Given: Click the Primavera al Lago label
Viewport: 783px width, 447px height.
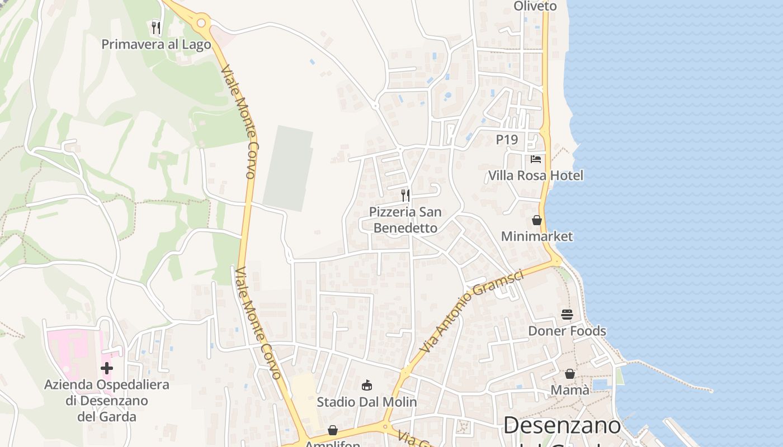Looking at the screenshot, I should pos(156,44).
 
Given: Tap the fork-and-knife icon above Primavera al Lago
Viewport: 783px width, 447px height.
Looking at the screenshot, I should pos(156,27).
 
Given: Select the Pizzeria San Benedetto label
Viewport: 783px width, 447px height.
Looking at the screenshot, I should pos(405,220).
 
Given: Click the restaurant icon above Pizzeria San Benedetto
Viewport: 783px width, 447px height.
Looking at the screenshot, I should pos(405,196).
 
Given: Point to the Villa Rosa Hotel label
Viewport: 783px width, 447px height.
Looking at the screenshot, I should pos(535,175).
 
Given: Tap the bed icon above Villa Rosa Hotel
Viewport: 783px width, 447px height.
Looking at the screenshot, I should pos(536,159).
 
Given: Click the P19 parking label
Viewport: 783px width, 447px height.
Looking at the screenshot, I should pos(507,140).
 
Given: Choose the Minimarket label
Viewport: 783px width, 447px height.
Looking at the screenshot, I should pos(536,236).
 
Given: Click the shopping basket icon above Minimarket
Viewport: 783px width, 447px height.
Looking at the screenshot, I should pos(537,220).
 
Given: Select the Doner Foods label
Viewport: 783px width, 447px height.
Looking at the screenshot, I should pos(567,331).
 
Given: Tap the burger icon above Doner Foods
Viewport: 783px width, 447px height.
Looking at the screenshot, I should pos(567,315).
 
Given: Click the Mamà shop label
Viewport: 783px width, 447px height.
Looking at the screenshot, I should pos(570,390).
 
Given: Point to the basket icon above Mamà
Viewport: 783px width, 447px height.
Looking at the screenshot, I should pos(570,374).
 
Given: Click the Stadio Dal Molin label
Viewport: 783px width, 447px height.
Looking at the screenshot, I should pos(367,402).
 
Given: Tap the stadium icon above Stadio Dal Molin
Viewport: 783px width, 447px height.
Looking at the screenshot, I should pos(367,385).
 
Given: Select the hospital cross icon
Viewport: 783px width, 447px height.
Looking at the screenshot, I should pos(107,368).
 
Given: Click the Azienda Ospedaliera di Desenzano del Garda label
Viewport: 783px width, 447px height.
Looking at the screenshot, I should pos(107,401).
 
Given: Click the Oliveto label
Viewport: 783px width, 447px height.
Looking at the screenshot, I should pos(535,6).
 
